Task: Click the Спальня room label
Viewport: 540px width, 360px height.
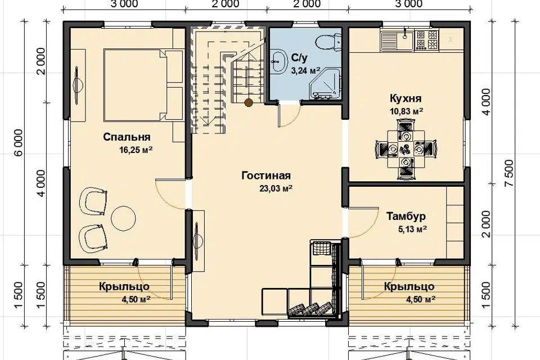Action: tap(127, 137)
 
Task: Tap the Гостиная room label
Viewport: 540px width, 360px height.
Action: tap(266, 175)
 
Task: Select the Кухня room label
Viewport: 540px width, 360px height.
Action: tap(406, 98)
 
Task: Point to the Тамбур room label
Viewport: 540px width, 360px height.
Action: tap(406, 217)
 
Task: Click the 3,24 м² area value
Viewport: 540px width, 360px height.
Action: tap(304, 71)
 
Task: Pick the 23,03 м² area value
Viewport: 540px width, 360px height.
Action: tap(276, 188)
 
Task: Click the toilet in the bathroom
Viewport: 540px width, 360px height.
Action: tap(328, 42)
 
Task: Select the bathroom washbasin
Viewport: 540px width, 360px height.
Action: tap(279, 61)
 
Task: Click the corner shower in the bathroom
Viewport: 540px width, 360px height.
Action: tap(326, 84)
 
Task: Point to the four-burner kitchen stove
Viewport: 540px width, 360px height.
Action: tap(427, 39)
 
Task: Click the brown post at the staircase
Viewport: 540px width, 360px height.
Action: tap(248, 102)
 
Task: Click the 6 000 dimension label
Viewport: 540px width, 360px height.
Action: tap(18, 142)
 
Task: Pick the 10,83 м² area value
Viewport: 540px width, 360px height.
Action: tap(406, 111)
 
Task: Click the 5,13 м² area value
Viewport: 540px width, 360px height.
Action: tap(412, 229)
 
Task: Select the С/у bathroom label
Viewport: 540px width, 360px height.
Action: tap(299, 58)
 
